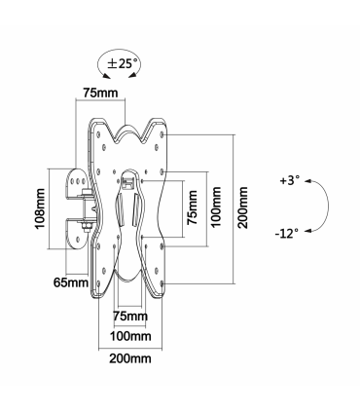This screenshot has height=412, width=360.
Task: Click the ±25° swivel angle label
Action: (x=120, y=63)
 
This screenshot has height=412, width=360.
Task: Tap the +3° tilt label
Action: (x=290, y=180)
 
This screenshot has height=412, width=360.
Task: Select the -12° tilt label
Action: (x=287, y=233)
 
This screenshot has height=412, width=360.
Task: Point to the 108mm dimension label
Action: (x=40, y=208)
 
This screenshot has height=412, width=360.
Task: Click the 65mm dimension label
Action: (x=71, y=282)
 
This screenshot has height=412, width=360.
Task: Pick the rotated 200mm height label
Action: (x=242, y=207)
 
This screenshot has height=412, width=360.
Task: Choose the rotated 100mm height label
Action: (x=216, y=206)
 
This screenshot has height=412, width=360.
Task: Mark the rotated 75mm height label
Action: (x=192, y=207)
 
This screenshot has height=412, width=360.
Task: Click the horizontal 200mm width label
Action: (x=130, y=358)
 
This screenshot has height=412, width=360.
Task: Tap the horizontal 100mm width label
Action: (x=130, y=336)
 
